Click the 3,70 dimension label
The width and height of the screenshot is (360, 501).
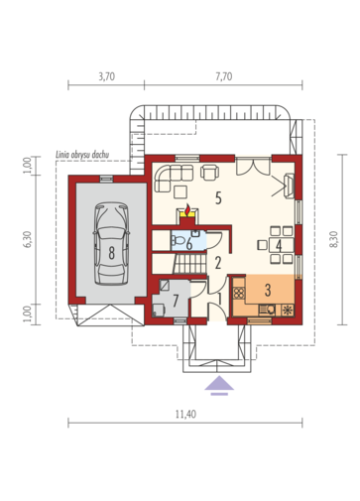pyautogui.click(x=106, y=76)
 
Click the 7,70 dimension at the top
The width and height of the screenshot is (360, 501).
pyautogui.click(x=224, y=76)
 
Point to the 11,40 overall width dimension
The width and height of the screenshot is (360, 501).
pyautogui.click(x=185, y=414)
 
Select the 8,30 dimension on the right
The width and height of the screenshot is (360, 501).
pyautogui.click(x=334, y=239)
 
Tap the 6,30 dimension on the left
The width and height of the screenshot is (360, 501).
pyautogui.click(x=28, y=239)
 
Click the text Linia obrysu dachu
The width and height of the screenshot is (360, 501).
pyautogui.click(x=82, y=155)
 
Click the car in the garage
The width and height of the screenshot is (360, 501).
pyautogui.click(x=111, y=244)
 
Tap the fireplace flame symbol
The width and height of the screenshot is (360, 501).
pyautogui.click(x=187, y=209)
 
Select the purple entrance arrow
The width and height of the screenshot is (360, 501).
pyautogui.click(x=219, y=385)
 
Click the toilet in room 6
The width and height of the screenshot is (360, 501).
pyautogui.click(x=179, y=240)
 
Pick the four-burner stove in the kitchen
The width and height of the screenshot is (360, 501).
pyautogui.click(x=239, y=293)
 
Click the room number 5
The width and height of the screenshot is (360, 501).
pyautogui.click(x=218, y=198)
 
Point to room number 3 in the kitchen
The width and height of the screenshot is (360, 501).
pyautogui.click(x=268, y=290)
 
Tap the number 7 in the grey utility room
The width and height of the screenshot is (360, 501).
pyautogui.click(x=176, y=301)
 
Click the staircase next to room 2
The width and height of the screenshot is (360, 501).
pyautogui.click(x=189, y=263)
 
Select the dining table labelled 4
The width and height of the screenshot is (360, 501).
pyautogui.click(x=282, y=245)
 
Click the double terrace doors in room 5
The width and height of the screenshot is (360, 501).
pyautogui.click(x=254, y=167)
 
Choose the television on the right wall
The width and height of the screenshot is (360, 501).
pyautogui.click(x=290, y=186)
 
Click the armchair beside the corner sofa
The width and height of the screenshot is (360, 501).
pyautogui.click(x=210, y=172)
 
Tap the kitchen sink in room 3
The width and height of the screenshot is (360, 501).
pyautogui.click(x=269, y=310)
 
